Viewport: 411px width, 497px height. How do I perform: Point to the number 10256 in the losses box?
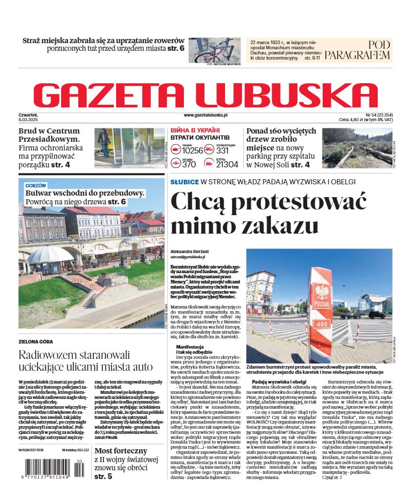(x=193, y=150)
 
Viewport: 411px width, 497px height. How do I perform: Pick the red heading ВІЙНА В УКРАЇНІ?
(x=195, y=130)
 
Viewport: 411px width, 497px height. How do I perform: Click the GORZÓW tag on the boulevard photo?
(x=35, y=185)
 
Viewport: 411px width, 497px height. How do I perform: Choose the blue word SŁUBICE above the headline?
(x=184, y=181)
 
